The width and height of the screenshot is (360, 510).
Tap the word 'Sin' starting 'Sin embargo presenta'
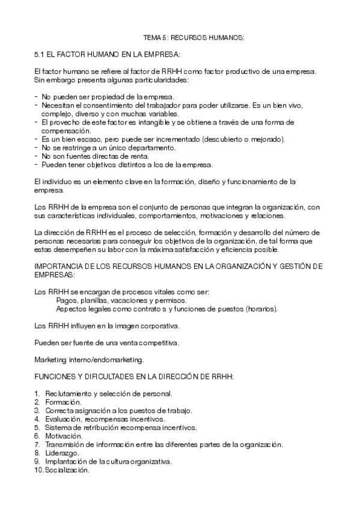[x=40, y=80]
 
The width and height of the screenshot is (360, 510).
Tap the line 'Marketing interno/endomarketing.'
[x=89, y=360]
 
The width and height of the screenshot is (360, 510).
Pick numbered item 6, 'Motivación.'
[x=64, y=435]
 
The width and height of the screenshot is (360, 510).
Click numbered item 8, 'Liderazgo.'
[x=62, y=453]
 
